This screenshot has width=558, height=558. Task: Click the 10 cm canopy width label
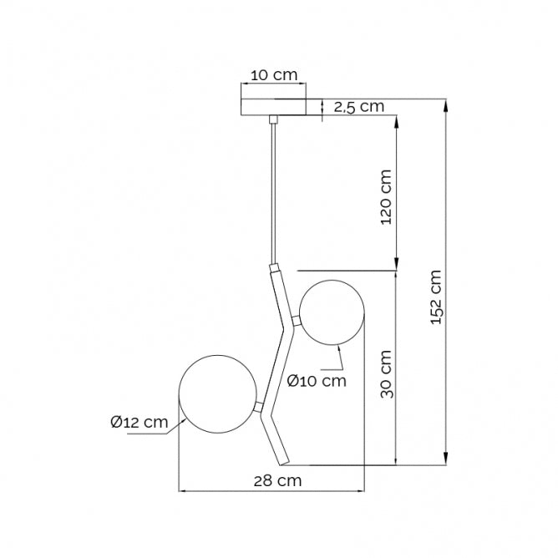[x=274, y=75]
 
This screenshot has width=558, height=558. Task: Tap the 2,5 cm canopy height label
[x=358, y=106]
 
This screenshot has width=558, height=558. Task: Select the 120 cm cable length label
[x=385, y=199]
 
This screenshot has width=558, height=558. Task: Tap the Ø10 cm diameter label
[x=316, y=381]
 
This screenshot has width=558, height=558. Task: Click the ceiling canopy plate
[x=273, y=107]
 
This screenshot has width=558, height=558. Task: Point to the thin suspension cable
[x=272, y=192]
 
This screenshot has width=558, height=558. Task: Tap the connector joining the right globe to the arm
[x=296, y=320]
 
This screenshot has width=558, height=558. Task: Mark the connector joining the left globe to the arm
[x=260, y=406]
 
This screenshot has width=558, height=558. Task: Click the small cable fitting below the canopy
[x=272, y=120]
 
